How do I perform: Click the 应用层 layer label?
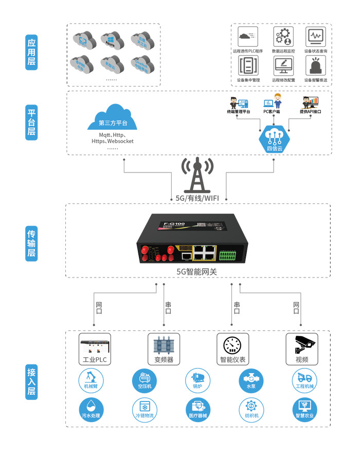pyautogui.click(x=31, y=53)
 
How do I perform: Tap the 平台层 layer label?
pyautogui.click(x=31, y=123)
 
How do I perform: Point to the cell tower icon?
pyautogui.click(x=198, y=176)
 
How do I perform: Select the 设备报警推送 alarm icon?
pyautogui.click(x=315, y=66)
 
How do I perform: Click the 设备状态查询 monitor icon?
pyautogui.click(x=315, y=37)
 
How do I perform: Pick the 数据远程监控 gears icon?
pyautogui.click(x=283, y=37)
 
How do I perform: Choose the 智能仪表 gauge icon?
pyautogui.click(x=232, y=343)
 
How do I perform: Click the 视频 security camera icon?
pyautogui.click(x=302, y=343)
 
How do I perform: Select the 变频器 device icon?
pyautogui.click(x=164, y=343)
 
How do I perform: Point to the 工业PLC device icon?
pyautogui.click(x=95, y=343)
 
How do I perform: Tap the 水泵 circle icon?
pyautogui.click(x=251, y=380)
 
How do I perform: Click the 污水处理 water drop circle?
pyautogui.click(x=92, y=409)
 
